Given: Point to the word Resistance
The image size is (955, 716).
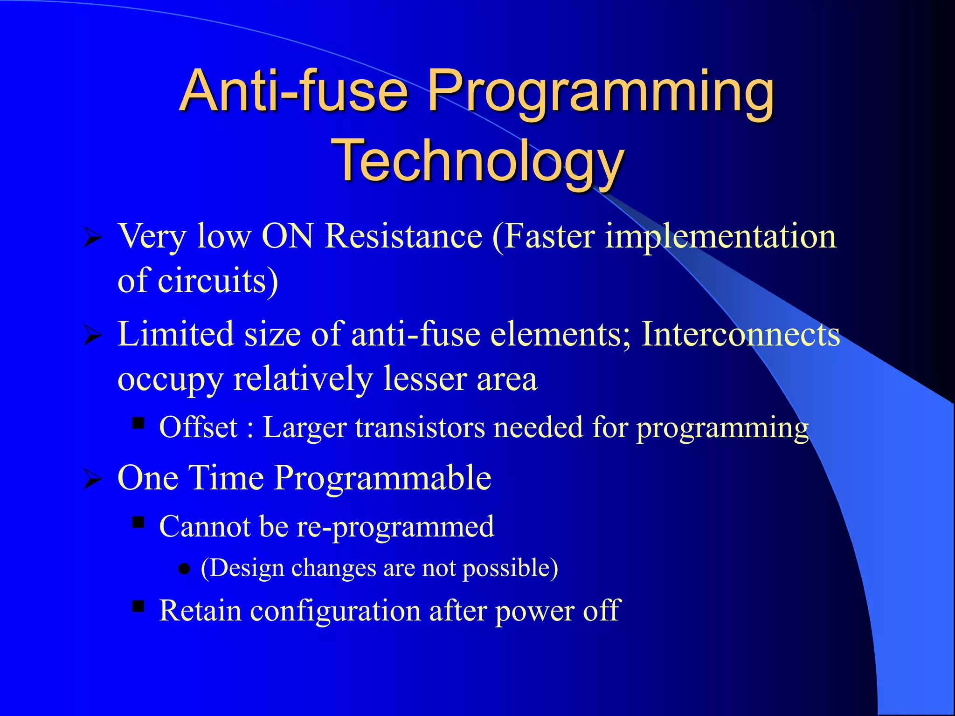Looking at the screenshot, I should coord(403,236).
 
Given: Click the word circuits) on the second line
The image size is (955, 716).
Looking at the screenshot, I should coord(218,281).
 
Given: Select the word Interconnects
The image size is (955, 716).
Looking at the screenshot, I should coord(740,334).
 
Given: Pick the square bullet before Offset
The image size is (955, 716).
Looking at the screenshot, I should coord(138,423).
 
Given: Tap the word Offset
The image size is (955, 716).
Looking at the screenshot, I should coord(198,427).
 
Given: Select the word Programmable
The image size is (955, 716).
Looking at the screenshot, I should coord(382,478).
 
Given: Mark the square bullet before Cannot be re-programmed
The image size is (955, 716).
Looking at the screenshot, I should coord(138,522).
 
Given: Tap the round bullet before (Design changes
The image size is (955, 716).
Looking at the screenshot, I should coord(185,569).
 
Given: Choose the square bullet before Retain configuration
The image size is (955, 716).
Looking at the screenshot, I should coord(138,606).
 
